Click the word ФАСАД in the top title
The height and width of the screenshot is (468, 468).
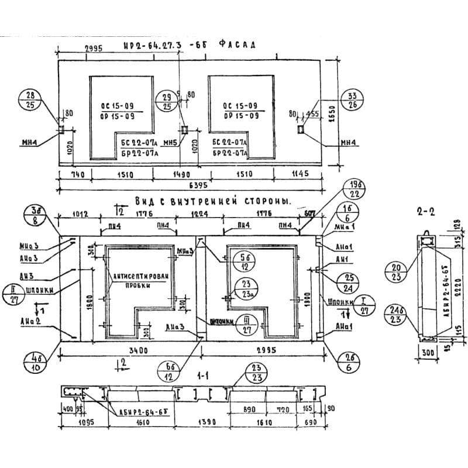pyautogui.click(x=236, y=44)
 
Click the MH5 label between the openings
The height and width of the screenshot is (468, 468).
pyautogui.click(x=170, y=143)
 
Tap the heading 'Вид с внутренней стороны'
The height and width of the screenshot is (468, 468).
pyautogui.click(x=213, y=201)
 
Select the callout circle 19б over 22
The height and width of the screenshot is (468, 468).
pyautogui.click(x=354, y=190)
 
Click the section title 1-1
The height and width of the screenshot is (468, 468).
pyautogui.click(x=203, y=378)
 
